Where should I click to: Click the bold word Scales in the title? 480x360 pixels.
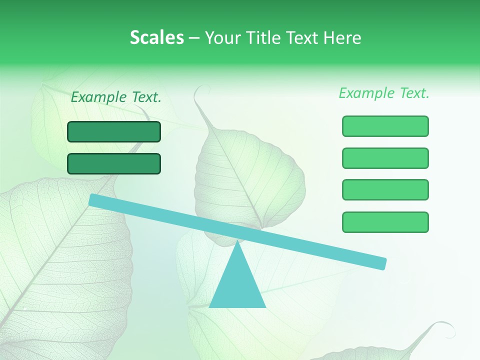156,37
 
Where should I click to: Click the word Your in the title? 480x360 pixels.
223,37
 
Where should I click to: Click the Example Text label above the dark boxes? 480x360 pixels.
116,97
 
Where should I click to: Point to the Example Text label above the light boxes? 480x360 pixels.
384,93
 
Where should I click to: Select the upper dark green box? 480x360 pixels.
114,131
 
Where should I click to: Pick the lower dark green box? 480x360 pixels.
114,163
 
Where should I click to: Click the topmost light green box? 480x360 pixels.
385,126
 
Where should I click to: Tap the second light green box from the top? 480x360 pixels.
385,158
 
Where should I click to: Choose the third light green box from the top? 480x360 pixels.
385,189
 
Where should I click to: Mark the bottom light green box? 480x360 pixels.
385,222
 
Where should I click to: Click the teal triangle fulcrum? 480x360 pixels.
237,285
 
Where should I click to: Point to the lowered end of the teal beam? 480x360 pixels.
381,263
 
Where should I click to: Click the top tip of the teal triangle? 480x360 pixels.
237,242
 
